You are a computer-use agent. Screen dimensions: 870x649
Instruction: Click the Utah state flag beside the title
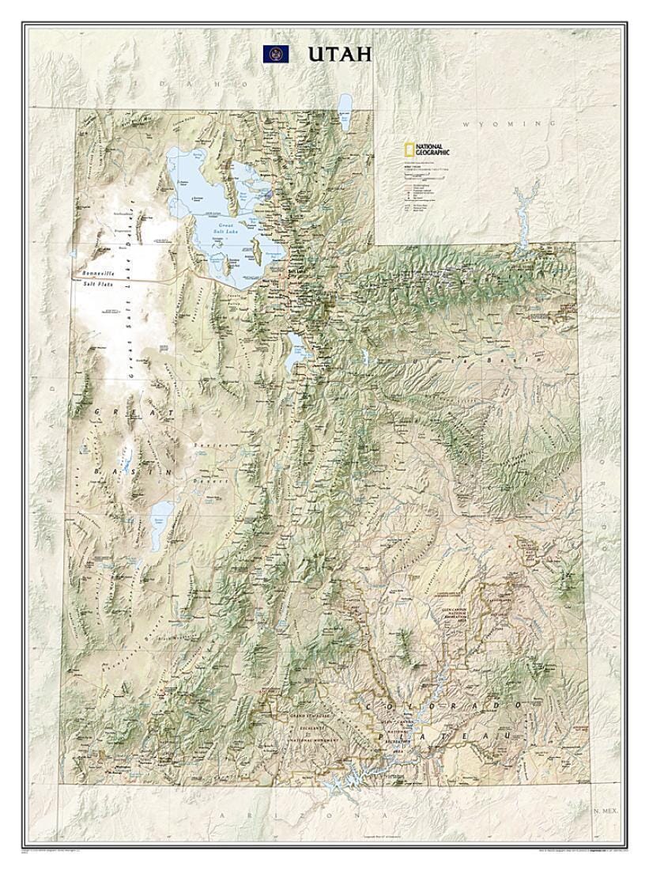276,54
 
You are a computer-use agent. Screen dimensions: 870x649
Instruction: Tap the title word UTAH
339,54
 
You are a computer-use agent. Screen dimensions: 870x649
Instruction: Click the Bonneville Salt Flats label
96,278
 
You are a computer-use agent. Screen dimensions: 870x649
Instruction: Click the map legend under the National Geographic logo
427,186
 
